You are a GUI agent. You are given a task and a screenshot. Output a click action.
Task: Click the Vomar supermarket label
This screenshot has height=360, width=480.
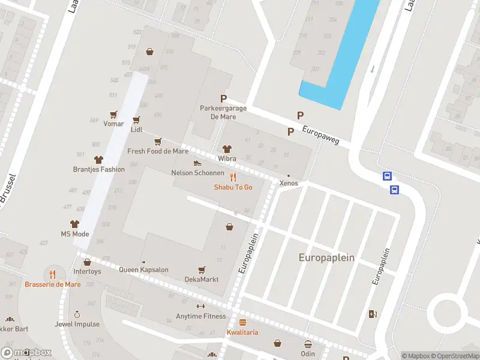[113, 124]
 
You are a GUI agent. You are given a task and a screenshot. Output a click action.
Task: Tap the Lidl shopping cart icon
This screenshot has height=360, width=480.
[136, 120]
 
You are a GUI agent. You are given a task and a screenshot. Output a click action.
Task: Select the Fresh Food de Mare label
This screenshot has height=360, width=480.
[158, 151]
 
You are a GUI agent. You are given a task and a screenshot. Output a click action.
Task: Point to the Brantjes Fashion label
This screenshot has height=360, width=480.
[99, 169]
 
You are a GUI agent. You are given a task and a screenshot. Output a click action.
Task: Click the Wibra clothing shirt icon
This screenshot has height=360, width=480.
[227, 149]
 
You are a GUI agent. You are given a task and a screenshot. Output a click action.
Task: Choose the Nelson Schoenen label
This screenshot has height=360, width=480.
[197, 173]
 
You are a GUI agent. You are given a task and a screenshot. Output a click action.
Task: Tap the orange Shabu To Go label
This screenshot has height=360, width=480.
[233, 187]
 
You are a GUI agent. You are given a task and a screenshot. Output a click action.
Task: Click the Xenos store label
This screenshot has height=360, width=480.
[289, 183]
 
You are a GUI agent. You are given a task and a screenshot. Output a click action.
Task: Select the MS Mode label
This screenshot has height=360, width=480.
[75, 234]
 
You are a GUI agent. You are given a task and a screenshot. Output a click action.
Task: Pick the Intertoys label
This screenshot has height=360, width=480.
[87, 271]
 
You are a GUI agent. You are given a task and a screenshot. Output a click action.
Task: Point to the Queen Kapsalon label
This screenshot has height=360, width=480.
[143, 270]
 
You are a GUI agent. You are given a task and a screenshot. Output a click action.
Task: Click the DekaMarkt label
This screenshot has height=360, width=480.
[202, 280]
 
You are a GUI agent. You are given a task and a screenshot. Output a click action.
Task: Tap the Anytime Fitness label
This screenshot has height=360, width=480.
[201, 316]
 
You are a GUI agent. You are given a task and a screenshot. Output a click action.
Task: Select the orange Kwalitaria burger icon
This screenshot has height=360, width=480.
[242, 322]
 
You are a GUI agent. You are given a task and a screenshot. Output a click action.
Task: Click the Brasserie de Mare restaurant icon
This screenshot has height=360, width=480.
[53, 274]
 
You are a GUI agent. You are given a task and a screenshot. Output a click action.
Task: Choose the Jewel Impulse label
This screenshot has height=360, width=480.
[77, 325]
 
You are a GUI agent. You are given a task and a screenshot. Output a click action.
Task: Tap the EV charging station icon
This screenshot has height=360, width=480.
[373, 314]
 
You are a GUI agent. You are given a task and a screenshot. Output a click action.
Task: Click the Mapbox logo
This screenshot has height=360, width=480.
[26, 353]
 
